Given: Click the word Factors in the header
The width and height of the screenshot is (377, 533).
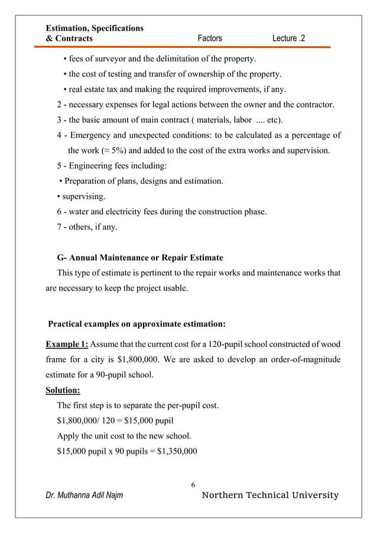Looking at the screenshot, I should (x=210, y=39).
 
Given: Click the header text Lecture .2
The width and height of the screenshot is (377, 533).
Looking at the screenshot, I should (x=289, y=39).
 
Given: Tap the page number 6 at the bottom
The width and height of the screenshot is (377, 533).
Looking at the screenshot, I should (x=193, y=485).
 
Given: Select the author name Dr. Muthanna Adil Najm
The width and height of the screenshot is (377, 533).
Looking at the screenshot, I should (x=84, y=495).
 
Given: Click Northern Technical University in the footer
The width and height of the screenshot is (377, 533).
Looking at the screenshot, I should (x=271, y=495).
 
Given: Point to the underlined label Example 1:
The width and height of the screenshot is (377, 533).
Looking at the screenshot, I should (x=67, y=344).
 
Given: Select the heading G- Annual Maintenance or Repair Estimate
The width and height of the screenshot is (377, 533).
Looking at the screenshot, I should (x=140, y=258).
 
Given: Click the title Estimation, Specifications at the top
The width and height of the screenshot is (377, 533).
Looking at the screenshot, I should (x=95, y=28).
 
